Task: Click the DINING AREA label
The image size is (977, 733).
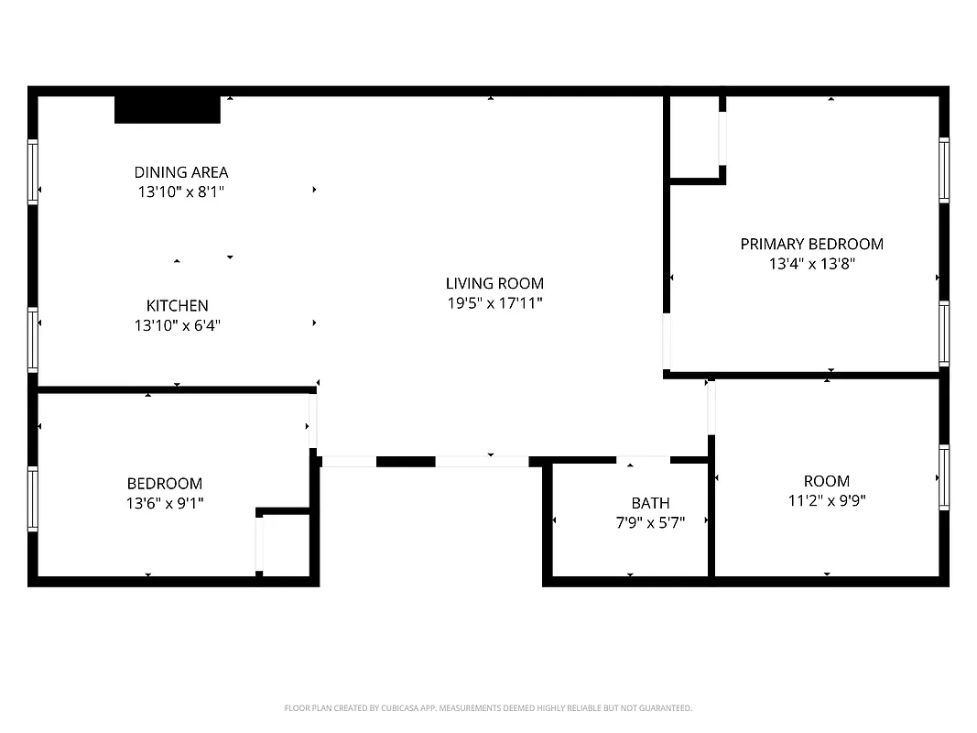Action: click(x=181, y=172)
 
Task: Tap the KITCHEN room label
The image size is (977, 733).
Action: click(x=178, y=306)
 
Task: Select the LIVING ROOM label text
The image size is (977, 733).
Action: click(x=494, y=284)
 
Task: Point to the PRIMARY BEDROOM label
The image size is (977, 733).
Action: click(x=811, y=244)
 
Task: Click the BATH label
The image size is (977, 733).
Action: click(x=650, y=503)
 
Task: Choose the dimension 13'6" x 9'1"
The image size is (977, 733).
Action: click(x=165, y=502)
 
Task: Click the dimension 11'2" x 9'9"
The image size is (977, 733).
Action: click(x=826, y=500)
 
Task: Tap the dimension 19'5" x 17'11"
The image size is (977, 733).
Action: click(x=494, y=303)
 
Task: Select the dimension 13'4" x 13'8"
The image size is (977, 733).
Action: click(x=811, y=264)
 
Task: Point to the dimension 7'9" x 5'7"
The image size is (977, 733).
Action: click(x=650, y=521)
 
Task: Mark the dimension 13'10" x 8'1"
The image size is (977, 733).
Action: click(x=181, y=192)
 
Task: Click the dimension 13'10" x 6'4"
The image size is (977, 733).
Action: click(x=178, y=324)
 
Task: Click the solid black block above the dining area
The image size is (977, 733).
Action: click(x=168, y=109)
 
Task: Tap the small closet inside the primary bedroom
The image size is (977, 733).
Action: click(x=695, y=137)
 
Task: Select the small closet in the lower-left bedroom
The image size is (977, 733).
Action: click(x=286, y=544)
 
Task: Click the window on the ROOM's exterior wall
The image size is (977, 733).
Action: click(x=943, y=477)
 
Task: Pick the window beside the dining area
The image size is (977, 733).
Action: click(x=33, y=171)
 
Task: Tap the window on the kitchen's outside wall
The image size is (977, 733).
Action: click(x=33, y=340)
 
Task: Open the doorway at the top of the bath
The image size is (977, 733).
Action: click(x=643, y=459)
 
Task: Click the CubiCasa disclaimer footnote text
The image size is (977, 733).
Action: click(x=488, y=708)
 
